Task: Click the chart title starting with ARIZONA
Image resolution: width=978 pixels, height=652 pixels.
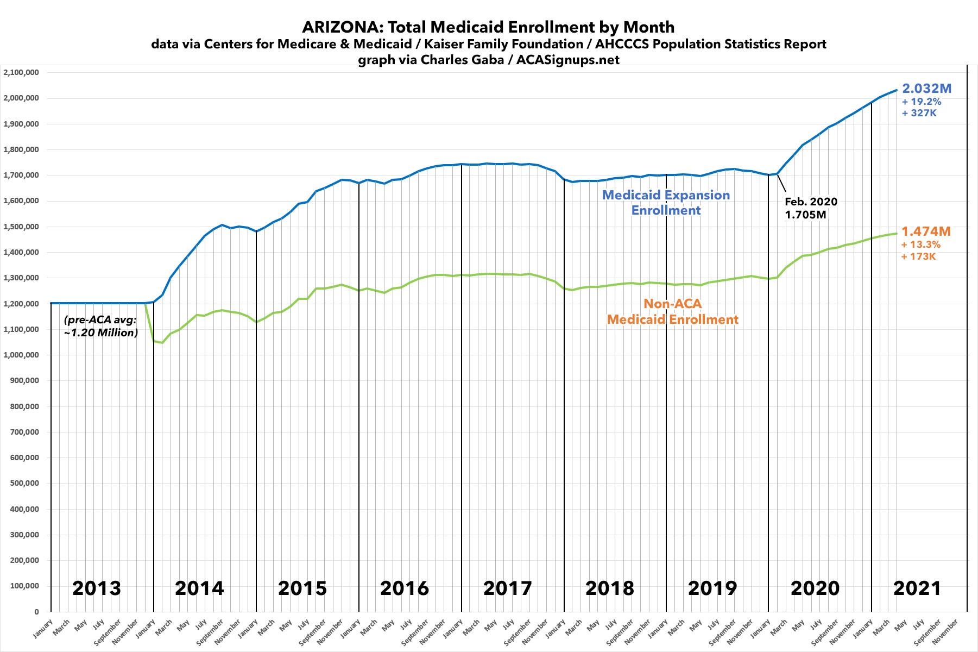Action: (488, 27)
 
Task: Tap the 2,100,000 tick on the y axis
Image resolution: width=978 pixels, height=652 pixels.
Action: (20, 72)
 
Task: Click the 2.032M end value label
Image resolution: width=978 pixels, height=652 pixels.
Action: (926, 89)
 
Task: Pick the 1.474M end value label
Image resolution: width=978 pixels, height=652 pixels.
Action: (926, 231)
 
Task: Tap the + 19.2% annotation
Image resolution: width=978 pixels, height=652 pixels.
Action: (921, 102)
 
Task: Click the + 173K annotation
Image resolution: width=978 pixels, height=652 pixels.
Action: (918, 256)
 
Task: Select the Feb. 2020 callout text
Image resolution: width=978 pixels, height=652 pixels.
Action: (811, 202)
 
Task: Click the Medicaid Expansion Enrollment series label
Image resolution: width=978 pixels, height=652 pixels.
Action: (666, 202)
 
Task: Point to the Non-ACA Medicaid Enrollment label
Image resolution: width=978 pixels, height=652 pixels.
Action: (672, 311)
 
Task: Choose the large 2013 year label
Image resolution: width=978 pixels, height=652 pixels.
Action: (97, 588)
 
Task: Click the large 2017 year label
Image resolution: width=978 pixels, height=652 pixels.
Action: (507, 588)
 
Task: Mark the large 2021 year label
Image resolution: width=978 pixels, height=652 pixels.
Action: (917, 588)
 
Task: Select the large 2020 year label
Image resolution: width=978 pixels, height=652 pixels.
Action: (815, 588)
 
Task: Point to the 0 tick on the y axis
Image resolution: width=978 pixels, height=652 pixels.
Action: (36, 611)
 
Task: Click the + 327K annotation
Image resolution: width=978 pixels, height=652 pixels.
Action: (919, 113)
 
